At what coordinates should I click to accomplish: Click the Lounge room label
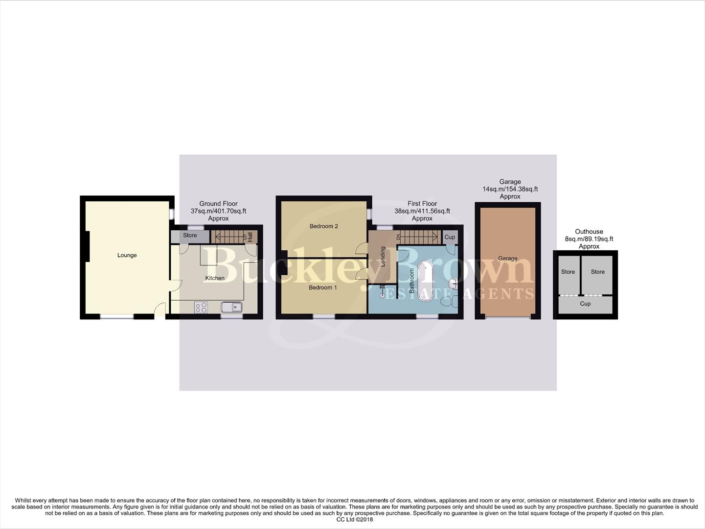tap(127, 255)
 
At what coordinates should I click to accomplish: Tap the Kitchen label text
tap(215, 278)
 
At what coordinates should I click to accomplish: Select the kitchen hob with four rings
tap(201, 307)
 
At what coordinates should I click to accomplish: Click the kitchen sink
tap(231, 307)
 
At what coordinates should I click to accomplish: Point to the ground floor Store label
tap(190, 236)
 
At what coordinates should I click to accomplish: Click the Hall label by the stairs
tap(250, 237)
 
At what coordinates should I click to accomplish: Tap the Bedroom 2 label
tap(324, 226)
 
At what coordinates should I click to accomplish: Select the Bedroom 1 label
tap(323, 288)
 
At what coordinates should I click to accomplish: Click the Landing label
tap(383, 256)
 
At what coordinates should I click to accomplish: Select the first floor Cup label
tap(450, 237)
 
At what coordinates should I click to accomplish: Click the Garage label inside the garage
tap(508, 258)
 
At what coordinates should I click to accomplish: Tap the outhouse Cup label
tap(585, 304)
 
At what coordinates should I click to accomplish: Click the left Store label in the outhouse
tap(568, 272)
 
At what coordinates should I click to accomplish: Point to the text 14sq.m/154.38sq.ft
tap(510, 189)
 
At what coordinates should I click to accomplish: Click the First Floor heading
tap(422, 204)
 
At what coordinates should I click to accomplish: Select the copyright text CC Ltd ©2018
tap(355, 520)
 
